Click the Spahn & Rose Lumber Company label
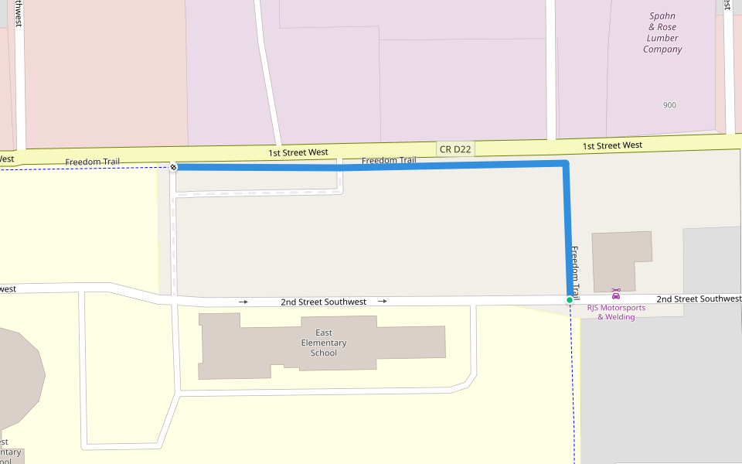tap(662, 32)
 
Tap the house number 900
tap(669, 105)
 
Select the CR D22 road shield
tap(454, 148)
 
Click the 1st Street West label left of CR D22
tap(298, 153)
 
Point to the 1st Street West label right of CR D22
tap(612, 145)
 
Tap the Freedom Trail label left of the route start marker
tap(92, 162)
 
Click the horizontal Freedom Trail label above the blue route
tap(389, 161)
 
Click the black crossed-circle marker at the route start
tap(174, 167)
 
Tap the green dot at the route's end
tap(570, 300)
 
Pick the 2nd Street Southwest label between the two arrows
tap(323, 302)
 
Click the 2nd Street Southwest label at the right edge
tap(698, 299)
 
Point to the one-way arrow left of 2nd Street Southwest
tap(243, 302)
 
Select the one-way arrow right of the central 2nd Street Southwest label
tap(383, 301)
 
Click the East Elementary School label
tap(324, 343)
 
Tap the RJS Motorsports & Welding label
tap(616, 312)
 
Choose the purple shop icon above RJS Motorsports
tap(616, 294)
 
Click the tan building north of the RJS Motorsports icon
tap(620, 254)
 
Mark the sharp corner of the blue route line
tap(566, 164)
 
